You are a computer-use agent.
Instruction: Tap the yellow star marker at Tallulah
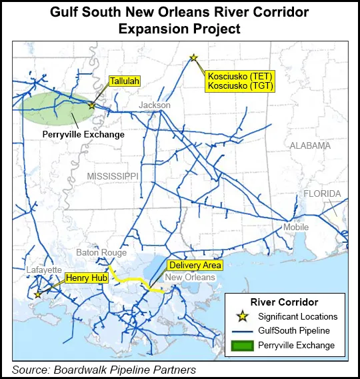[x=91, y=105]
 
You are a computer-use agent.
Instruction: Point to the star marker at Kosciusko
[x=193, y=58]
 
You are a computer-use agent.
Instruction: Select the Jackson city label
[x=155, y=105]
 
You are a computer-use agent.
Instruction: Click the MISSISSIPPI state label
[x=112, y=175]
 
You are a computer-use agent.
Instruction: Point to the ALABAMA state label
[x=310, y=145]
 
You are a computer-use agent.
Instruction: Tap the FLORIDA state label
[x=322, y=194]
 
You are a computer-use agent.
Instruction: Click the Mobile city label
[x=296, y=228]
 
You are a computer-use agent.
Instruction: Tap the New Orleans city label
[x=190, y=277]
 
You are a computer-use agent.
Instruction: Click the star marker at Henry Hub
[x=38, y=294]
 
